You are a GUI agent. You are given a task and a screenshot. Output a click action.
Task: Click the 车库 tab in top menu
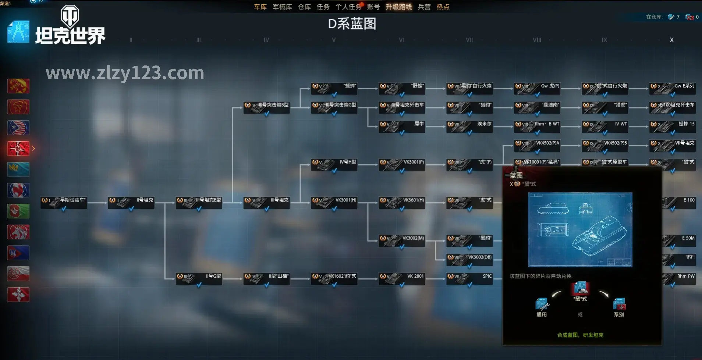pos(260,7)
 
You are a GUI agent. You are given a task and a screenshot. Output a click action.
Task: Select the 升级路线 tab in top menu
pos(398,7)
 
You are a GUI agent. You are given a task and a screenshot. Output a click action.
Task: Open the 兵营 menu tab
pos(424,7)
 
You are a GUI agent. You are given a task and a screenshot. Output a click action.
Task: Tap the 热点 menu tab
pos(443,7)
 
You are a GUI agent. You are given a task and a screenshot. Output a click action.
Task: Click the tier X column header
pos(671,40)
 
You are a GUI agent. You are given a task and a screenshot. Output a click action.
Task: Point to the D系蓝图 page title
pos(352,24)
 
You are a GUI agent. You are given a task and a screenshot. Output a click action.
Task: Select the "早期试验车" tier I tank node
pos(64,202)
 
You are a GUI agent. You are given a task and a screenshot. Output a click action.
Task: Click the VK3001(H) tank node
pos(334,202)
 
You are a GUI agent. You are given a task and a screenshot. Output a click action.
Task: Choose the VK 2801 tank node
pos(402,278)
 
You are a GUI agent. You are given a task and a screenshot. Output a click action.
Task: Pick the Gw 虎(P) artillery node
pos(537,88)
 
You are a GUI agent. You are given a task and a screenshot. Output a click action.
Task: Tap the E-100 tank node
pos(679,202)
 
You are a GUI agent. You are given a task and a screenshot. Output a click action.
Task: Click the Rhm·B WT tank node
pos(537,126)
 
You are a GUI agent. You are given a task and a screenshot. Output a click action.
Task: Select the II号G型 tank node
pos(199,278)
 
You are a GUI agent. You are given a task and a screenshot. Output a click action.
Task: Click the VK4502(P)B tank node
pos(605,145)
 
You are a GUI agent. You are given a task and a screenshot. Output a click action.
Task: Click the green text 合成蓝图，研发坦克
pos(580,335)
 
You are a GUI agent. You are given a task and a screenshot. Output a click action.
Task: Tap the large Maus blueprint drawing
pos(580,229)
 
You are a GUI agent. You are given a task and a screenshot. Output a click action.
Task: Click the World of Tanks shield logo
pos(70,16)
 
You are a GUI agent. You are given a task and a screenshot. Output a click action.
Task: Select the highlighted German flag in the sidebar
pos(18,149)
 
